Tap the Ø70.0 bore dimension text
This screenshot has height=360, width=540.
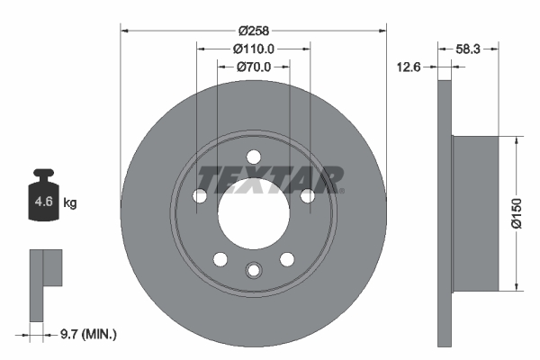253,67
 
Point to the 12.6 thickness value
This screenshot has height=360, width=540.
411,65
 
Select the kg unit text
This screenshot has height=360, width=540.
70,203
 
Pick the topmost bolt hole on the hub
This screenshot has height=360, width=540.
253,155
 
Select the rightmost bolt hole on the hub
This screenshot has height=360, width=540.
307,195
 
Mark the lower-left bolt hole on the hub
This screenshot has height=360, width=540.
220,259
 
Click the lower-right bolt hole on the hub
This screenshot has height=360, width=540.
287,259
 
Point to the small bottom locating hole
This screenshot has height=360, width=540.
253,269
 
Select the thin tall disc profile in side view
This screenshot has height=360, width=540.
444,213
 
